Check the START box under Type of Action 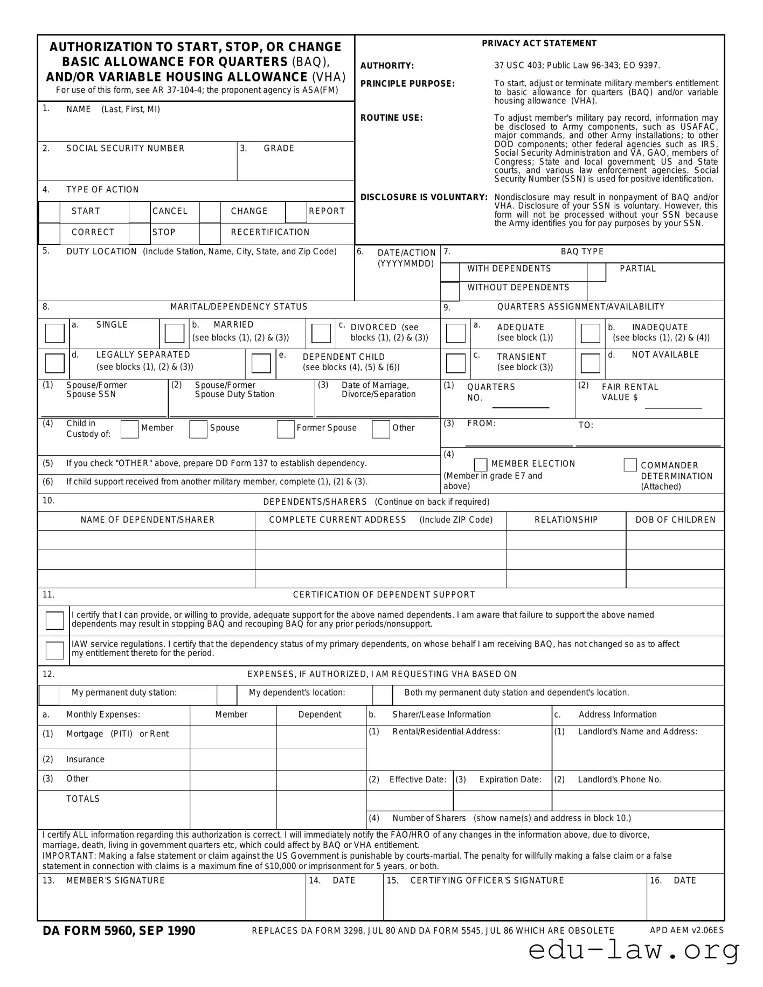(49, 212)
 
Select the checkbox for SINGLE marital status (54, 333)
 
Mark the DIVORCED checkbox (321, 333)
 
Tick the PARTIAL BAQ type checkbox (596, 273)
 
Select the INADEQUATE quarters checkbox (591, 333)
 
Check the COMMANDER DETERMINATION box (630, 465)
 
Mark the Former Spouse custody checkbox (286, 429)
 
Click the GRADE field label (279, 149)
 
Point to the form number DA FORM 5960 (119, 930)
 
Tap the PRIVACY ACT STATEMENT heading (539, 44)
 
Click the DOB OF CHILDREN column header (675, 520)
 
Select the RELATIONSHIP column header (566, 520)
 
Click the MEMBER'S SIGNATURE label (115, 880)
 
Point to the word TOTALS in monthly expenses (83, 799)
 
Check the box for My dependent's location (227, 696)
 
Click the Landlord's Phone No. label (619, 780)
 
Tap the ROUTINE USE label (392, 118)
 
